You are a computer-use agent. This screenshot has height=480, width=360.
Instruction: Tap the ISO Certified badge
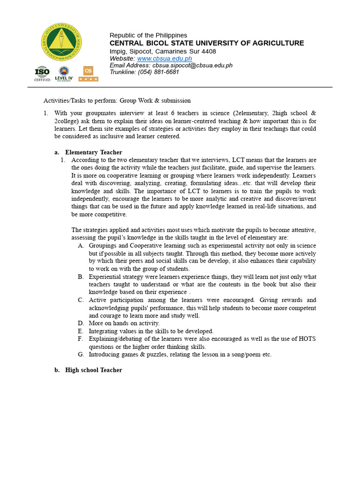[x=42, y=74]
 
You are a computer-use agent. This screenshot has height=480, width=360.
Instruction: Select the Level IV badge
[x=64, y=74]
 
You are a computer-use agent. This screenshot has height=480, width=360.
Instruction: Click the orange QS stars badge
[x=88, y=74]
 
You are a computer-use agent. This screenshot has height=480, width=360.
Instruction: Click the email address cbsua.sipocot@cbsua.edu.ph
[x=192, y=66]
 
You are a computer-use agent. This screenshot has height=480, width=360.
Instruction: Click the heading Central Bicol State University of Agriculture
[x=207, y=43]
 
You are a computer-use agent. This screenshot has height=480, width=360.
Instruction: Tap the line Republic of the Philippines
[x=148, y=36]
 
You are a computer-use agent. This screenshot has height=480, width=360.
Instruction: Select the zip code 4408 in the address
[x=209, y=51]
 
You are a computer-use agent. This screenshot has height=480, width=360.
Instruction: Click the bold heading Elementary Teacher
[x=93, y=152]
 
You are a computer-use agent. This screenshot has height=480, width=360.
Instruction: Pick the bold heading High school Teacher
[x=93, y=370]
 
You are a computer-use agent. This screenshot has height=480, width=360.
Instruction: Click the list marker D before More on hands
[x=81, y=323]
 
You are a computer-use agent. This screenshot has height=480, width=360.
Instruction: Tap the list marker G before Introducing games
[x=81, y=354]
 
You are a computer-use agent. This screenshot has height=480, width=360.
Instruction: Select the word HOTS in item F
[x=307, y=339]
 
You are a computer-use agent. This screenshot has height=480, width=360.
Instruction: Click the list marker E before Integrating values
[x=81, y=331]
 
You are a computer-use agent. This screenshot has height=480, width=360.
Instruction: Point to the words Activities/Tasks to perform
[x=80, y=100]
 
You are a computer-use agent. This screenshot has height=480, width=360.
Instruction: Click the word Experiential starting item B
[x=105, y=277]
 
